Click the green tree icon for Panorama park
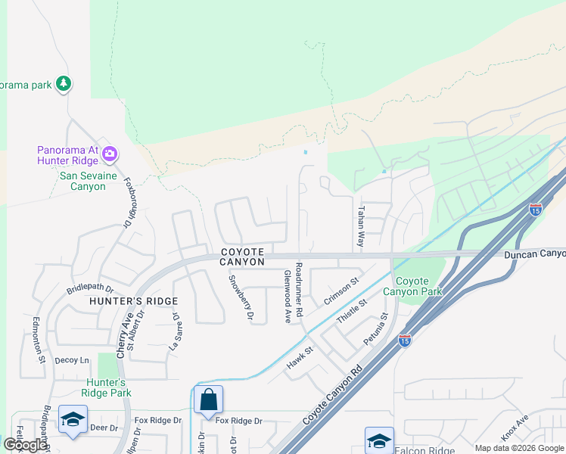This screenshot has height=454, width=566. (64, 84)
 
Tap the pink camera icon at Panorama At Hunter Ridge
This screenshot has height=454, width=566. (110, 154)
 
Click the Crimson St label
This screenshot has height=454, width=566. (341, 291)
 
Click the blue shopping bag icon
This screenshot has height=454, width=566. (208, 400)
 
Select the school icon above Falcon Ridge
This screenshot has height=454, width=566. (379, 440)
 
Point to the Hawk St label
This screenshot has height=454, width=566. (300, 359)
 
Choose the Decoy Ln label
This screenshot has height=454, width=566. (72, 361)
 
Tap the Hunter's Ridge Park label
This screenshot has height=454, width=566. (107, 387)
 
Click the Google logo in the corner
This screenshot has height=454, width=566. (25, 445)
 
